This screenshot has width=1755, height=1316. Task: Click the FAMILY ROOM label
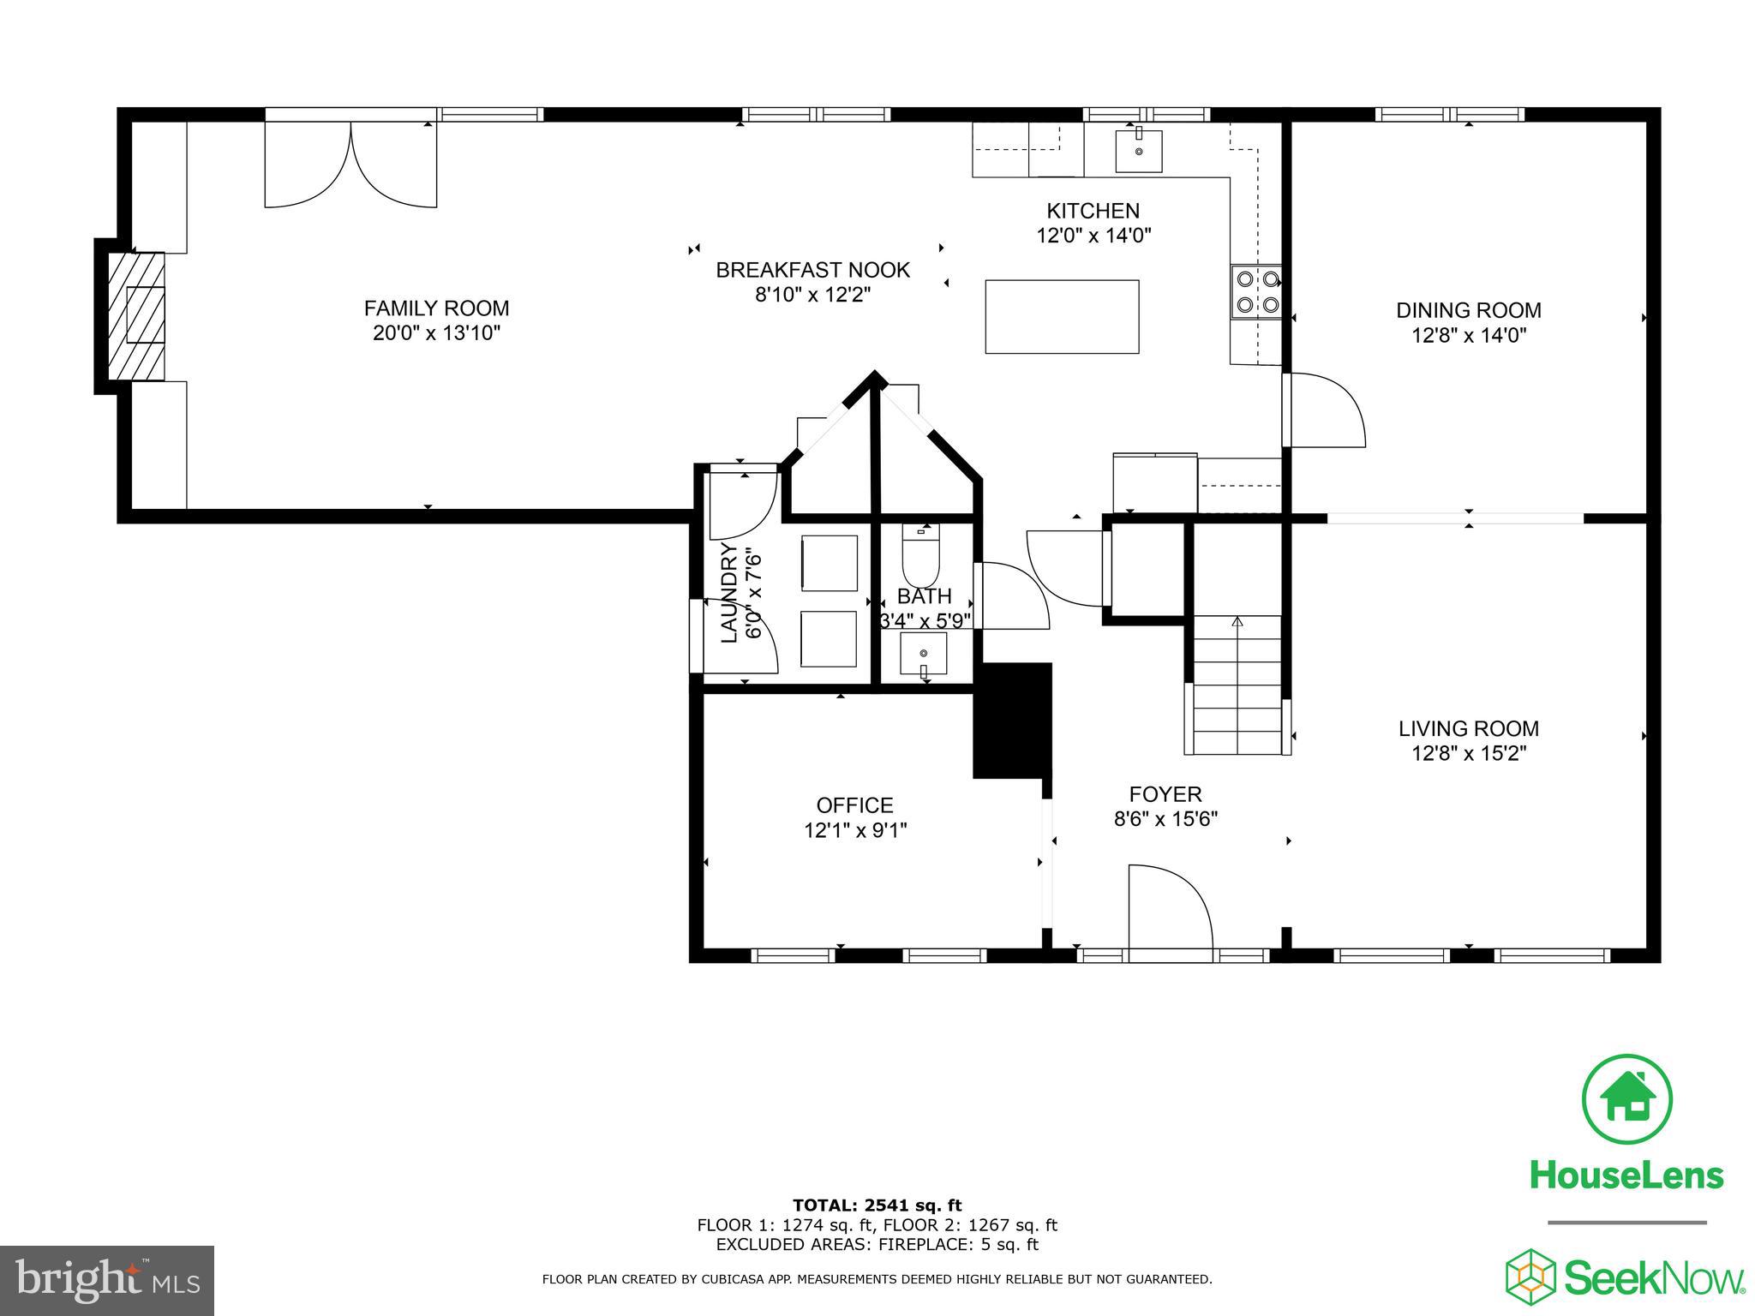[436, 308]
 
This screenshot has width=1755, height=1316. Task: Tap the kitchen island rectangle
[1062, 316]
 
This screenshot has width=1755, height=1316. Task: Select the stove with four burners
[1256, 291]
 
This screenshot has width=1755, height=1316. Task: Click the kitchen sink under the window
[1139, 151]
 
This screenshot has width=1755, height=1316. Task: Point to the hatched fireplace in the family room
[136, 315]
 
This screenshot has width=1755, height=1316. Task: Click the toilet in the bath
[921, 558]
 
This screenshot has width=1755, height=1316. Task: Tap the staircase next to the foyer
[1237, 685]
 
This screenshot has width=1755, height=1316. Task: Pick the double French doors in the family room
[351, 164]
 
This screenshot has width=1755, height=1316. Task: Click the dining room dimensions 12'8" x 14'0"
[1469, 335]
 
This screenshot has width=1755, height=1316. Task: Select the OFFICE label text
[854, 805]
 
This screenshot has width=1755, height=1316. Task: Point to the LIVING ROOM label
[1468, 729]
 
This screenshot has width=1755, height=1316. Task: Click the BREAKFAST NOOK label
[812, 271]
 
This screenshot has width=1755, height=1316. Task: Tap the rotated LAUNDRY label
[729, 592]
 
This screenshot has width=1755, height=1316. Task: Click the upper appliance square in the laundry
[829, 563]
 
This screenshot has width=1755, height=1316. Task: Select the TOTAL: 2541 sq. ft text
[877, 1206]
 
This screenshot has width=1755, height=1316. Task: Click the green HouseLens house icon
[1626, 1099]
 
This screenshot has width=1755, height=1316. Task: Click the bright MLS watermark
[107, 1280]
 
